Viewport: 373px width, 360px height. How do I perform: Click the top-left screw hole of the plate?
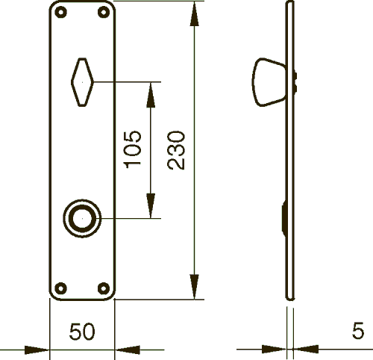click(60, 12)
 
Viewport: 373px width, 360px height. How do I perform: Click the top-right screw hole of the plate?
click(104, 12)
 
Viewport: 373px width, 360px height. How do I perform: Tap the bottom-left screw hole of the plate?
click(60, 288)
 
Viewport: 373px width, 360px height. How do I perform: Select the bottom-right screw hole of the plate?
click(104, 288)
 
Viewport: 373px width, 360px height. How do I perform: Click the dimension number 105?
click(132, 149)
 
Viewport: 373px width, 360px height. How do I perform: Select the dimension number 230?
click(176, 150)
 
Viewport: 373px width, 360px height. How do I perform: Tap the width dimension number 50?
click(82, 332)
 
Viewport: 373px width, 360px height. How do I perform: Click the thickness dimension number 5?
click(358, 330)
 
